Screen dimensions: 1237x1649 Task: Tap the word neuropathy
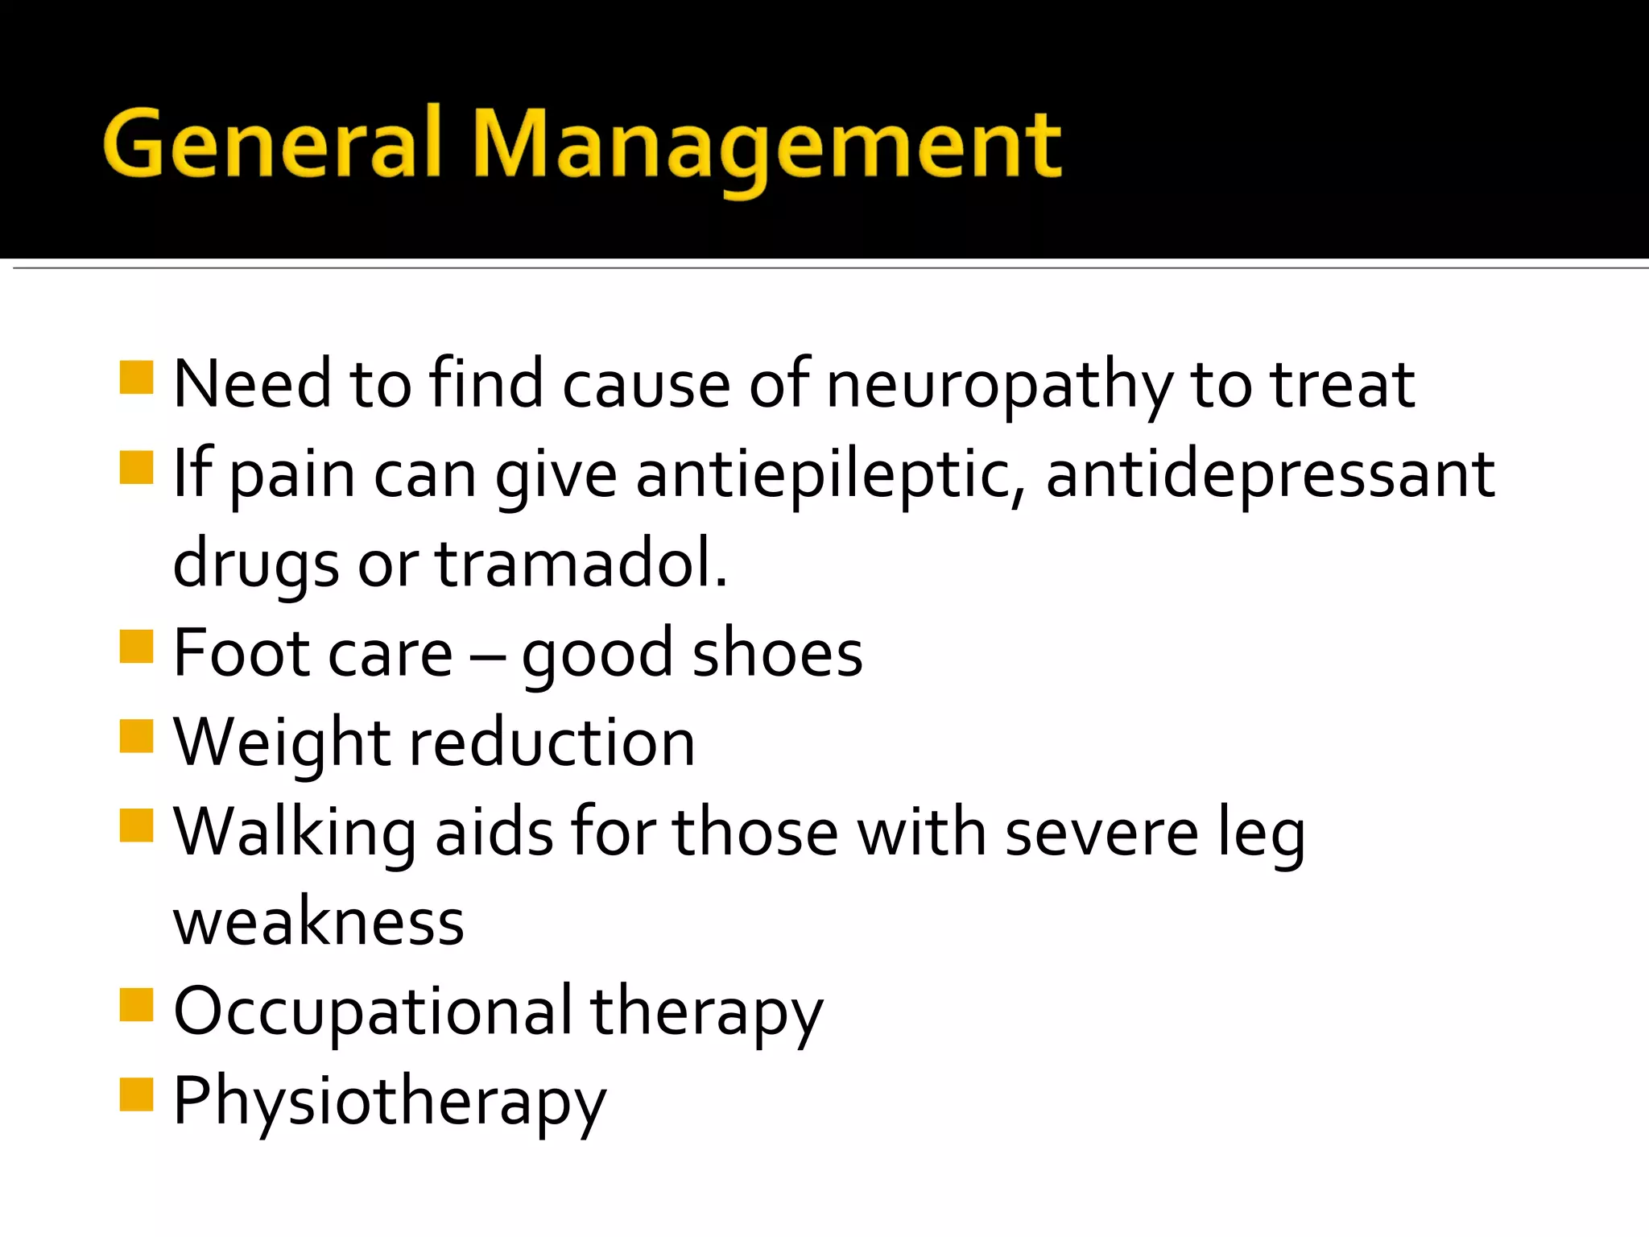pyautogui.click(x=998, y=385)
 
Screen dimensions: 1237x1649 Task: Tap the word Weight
pyautogui.click(x=282, y=743)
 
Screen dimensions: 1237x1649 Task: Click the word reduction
pyautogui.click(x=552, y=743)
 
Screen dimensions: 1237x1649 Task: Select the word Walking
pyautogui.click(x=295, y=833)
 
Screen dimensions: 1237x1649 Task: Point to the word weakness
pyautogui.click(x=319, y=921)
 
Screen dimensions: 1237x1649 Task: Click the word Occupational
pyautogui.click(x=373, y=1012)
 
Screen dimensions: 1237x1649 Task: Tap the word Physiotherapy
pyautogui.click(x=390, y=1102)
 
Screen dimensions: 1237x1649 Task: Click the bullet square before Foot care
pyautogui.click(x=136, y=646)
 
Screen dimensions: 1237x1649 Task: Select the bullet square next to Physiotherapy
pyautogui.click(x=136, y=1094)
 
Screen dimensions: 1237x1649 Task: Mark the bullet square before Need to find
pyautogui.click(x=136, y=377)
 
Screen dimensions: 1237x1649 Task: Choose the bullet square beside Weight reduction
pyautogui.click(x=136, y=735)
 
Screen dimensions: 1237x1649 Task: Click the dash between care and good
pyautogui.click(x=487, y=656)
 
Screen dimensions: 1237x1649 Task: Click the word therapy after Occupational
pyautogui.click(x=706, y=1012)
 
